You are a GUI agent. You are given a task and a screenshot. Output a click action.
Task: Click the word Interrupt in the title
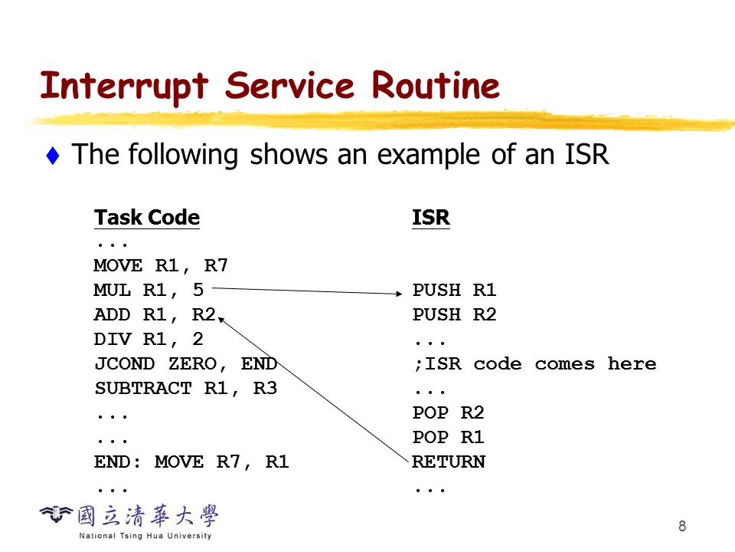point(124,87)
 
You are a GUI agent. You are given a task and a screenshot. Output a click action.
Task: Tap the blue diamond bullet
point(53,156)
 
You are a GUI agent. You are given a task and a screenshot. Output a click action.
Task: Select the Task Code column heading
point(147,218)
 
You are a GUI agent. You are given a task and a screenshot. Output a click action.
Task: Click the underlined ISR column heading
point(431,218)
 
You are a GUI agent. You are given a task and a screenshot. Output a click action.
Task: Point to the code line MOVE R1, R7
point(161,266)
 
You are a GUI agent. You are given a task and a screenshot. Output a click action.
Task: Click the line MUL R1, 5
point(149,291)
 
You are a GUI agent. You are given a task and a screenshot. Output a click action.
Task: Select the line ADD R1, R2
point(155,315)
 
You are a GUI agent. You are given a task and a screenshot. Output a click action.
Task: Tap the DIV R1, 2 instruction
point(149,340)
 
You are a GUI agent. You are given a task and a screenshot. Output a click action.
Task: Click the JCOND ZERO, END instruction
point(185,364)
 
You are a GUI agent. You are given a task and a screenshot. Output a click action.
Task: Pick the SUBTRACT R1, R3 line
point(185,389)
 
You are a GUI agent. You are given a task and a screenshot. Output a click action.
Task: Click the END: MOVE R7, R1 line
point(191,462)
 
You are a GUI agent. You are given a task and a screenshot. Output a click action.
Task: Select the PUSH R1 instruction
point(455,291)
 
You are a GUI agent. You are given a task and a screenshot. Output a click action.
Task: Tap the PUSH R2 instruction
point(455,315)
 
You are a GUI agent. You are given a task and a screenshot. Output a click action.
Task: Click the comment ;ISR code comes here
point(534,364)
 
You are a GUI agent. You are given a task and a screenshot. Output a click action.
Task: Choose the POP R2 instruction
point(449,413)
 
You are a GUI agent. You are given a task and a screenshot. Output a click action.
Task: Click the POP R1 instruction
point(449,438)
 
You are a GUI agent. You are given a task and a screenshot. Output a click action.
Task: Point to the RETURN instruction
point(449,462)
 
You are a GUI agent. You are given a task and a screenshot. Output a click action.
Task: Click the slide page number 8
point(682,526)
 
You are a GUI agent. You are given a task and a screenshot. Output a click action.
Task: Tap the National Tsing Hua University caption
point(145,535)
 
